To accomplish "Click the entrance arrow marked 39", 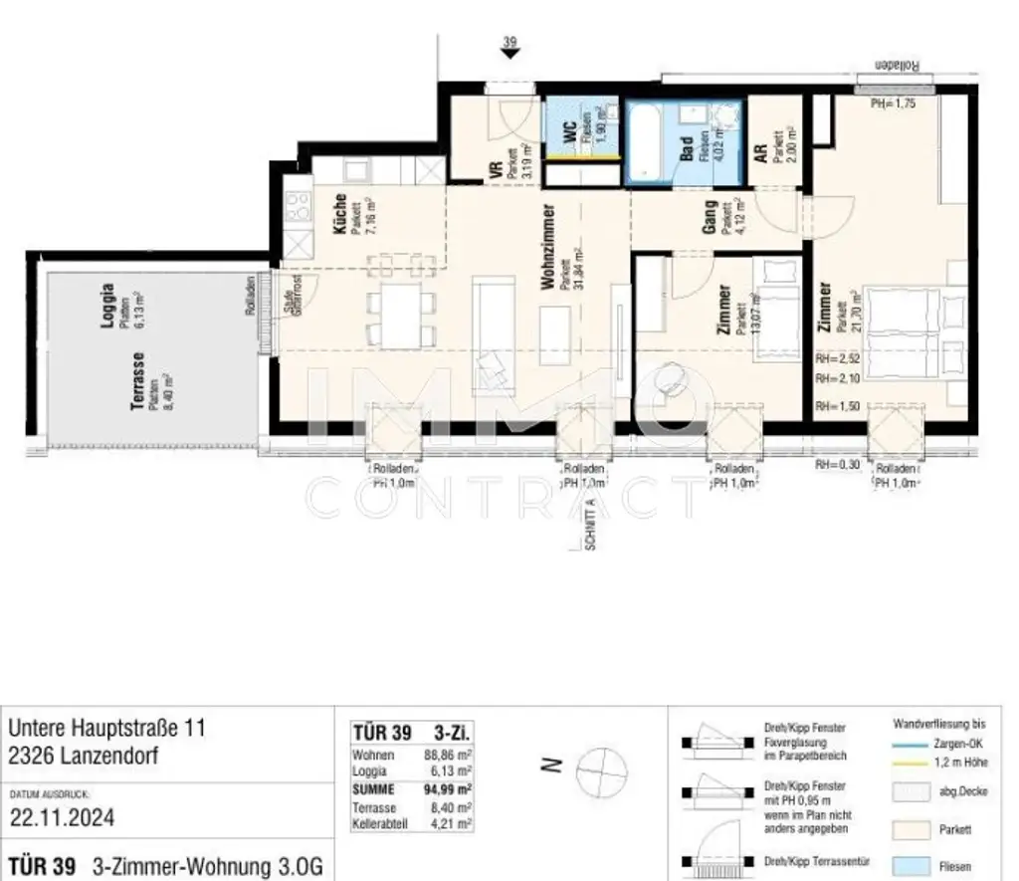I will click(509, 54).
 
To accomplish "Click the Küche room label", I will click(341, 212).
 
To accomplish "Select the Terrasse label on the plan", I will click(139, 375).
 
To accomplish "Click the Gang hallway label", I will click(710, 217).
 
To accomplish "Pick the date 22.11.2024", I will click(62, 818).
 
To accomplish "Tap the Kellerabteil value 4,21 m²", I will click(454, 824).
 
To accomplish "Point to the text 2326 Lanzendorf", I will click(84, 757).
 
